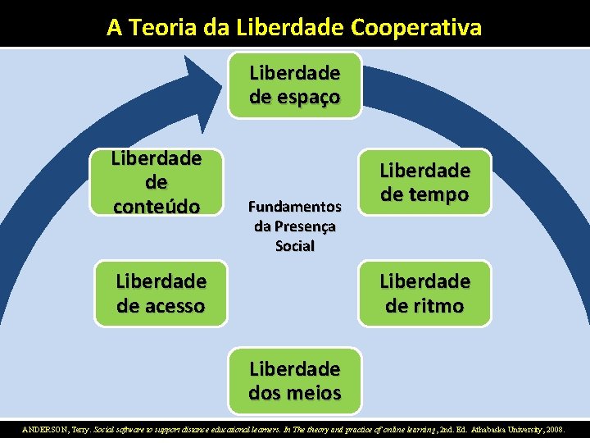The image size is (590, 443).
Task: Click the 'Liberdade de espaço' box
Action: [294, 85]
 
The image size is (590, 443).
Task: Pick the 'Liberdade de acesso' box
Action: [161, 293]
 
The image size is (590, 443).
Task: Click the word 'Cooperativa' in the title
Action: [416, 27]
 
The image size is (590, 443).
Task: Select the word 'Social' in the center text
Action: [294, 246]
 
